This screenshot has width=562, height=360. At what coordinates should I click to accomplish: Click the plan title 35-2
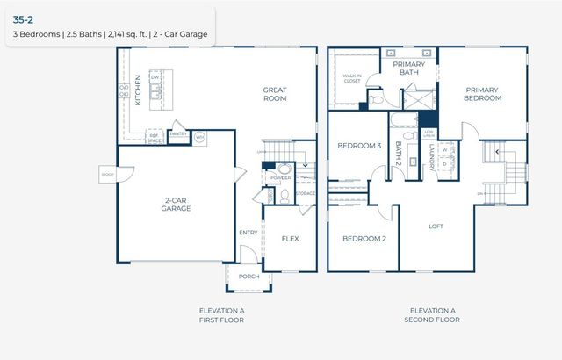click(x=24, y=18)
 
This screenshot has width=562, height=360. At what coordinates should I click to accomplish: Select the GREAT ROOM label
click(x=276, y=94)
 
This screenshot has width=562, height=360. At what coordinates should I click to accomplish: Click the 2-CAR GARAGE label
click(x=176, y=205)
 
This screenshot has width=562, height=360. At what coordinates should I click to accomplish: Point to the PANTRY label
click(x=178, y=134)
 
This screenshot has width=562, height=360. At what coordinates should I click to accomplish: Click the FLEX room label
click(x=290, y=239)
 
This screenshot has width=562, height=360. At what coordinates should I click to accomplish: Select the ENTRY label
click(x=249, y=233)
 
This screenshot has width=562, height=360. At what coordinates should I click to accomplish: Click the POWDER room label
click(x=281, y=177)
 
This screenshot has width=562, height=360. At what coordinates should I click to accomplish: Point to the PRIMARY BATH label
click(x=408, y=69)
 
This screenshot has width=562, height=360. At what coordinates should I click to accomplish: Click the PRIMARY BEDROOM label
click(x=483, y=94)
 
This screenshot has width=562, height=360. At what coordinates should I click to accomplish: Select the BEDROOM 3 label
click(x=360, y=146)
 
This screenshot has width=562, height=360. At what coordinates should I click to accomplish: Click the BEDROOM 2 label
click(x=364, y=239)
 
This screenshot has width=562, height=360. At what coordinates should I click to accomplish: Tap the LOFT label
click(x=436, y=227)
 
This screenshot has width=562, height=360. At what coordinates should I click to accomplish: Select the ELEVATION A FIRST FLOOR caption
click(x=221, y=315)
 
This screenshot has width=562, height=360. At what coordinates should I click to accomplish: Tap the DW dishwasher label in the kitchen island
click(x=155, y=77)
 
